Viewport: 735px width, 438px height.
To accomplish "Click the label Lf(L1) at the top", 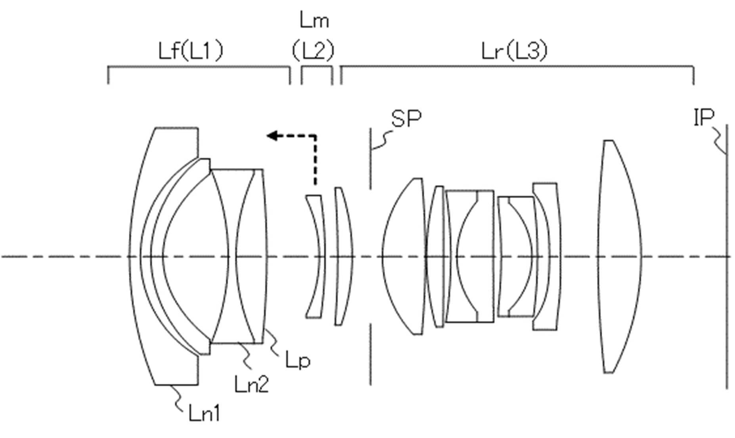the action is (x=191, y=51).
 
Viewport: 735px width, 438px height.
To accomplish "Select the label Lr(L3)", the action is (x=515, y=51).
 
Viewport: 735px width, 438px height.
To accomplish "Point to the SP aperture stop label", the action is (x=407, y=118).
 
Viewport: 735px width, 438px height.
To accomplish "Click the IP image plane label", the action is (x=704, y=117).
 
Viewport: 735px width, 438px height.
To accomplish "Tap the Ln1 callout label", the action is (x=204, y=413).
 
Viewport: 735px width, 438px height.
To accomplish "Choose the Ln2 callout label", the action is (x=252, y=384).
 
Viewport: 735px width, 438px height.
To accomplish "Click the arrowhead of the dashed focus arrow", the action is (x=272, y=136).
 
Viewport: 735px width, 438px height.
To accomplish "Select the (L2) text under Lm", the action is (x=313, y=51).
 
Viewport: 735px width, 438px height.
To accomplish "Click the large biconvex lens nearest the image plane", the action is (x=619, y=257).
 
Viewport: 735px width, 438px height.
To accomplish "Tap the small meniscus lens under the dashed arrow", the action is (x=315, y=256).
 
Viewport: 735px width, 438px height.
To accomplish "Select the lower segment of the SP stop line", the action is (x=370, y=354).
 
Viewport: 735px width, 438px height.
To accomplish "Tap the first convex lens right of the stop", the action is (x=403, y=257).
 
